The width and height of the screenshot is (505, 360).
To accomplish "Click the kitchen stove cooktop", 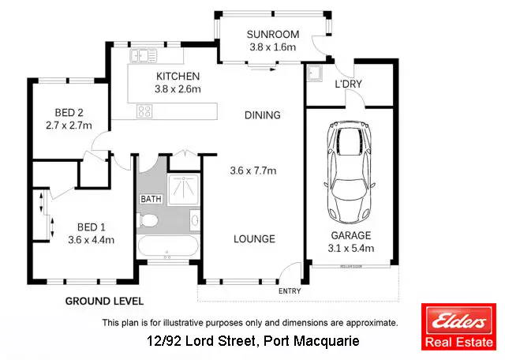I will click(145, 111).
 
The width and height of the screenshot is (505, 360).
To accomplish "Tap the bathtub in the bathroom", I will click(166, 247).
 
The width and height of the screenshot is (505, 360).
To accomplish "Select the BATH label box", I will click(150, 198).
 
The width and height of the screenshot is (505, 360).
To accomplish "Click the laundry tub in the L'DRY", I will click(315, 75).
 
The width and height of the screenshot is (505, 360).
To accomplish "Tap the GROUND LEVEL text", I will click(103, 301).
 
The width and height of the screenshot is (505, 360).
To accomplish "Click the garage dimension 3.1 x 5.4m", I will click(350, 249).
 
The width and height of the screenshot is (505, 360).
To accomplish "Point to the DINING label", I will click(262, 115).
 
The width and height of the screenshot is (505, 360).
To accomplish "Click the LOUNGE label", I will click(254, 238).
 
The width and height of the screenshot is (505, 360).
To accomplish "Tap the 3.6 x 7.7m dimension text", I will click(252, 170).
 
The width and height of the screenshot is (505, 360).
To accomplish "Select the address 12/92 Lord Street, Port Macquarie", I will click(253, 341).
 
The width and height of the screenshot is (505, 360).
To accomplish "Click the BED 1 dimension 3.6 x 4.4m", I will click(80, 240).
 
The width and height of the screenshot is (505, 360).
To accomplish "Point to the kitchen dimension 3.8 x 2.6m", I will click(178, 88).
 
